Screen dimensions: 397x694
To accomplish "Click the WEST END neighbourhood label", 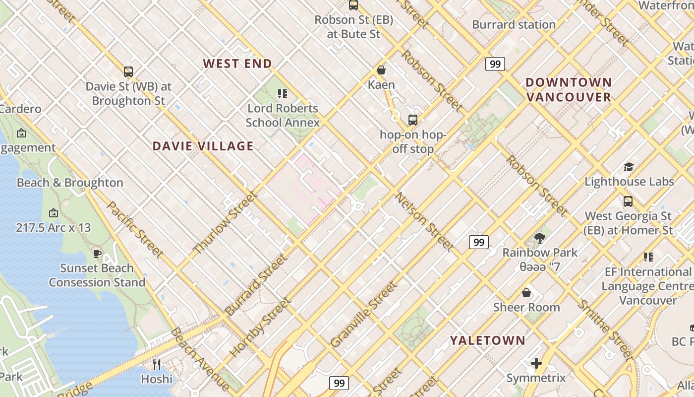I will [237, 64].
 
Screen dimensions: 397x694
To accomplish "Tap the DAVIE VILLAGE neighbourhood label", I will [203, 146].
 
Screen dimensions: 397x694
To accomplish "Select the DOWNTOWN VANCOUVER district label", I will [569, 89].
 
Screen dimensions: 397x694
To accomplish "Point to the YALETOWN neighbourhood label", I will [487, 340].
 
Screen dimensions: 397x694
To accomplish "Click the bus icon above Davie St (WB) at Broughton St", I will [128, 71].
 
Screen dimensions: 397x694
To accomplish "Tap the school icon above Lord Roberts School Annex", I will [283, 93].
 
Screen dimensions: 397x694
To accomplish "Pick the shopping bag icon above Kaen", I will [381, 70].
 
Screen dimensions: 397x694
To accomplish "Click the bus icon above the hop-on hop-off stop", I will [412, 120].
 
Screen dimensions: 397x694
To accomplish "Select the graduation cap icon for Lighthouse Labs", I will [629, 167].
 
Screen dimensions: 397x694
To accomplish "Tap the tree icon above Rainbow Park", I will [539, 238].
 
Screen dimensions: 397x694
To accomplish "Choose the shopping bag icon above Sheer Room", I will [526, 293].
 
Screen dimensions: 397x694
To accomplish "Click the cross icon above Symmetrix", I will [536, 364].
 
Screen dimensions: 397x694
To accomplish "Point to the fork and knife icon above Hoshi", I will [157, 365].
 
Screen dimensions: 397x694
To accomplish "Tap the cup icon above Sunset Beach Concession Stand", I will [97, 254].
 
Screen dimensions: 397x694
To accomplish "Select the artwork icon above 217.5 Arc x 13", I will [53, 213].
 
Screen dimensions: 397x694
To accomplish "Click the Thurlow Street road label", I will [225, 223].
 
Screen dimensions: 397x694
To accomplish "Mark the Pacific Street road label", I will [135, 230].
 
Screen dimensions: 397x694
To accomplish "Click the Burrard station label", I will [514, 24].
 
